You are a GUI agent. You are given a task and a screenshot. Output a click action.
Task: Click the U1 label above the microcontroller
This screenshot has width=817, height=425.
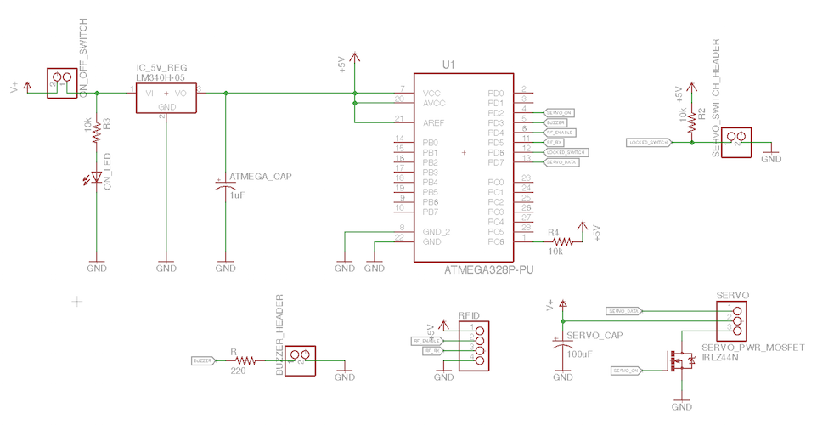click(449, 65)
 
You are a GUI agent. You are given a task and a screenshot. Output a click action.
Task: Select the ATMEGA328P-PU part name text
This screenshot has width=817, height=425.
click(488, 270)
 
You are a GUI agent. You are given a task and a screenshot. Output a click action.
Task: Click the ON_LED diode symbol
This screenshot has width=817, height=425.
click(97, 178)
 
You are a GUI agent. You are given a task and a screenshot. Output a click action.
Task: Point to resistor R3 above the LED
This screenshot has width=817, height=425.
click(97, 130)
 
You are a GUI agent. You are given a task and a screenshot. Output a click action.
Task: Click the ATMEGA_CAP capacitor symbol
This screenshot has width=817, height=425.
click(225, 187)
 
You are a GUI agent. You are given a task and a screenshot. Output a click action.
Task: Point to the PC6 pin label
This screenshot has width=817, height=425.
click(497, 242)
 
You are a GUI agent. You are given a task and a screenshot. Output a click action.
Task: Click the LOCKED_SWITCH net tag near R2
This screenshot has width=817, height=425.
click(648, 143)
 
